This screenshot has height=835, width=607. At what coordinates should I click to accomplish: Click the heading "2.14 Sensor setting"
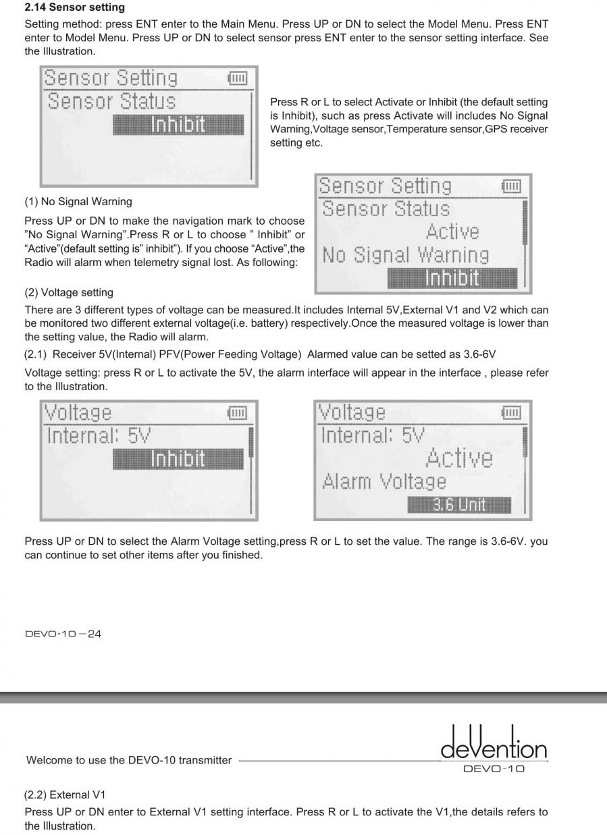click(x=74, y=7)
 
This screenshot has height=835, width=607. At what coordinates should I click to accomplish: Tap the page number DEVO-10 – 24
click(x=63, y=634)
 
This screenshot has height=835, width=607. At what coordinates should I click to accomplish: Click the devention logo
click(x=494, y=745)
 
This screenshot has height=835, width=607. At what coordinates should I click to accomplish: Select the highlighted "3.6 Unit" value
click(x=458, y=505)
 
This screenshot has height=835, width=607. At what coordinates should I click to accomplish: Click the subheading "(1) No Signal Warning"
click(x=78, y=201)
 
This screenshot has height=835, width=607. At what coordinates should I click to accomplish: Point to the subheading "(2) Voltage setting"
click(x=69, y=292)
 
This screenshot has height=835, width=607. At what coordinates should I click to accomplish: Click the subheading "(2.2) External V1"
click(x=65, y=794)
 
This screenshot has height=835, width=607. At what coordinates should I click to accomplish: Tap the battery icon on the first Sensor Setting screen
click(x=238, y=78)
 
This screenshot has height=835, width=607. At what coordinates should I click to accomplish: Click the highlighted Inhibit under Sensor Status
click(x=178, y=125)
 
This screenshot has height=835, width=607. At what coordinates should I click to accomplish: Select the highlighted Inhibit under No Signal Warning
click(x=452, y=278)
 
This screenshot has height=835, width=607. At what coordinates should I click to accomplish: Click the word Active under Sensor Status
click(x=452, y=232)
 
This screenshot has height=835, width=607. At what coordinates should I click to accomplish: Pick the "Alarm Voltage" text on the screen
click(x=384, y=482)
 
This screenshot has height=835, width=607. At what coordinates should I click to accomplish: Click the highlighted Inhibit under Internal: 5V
click(x=178, y=459)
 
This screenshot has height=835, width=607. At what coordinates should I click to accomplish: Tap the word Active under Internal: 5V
click(x=459, y=458)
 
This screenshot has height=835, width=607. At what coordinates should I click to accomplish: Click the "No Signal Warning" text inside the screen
click(x=405, y=255)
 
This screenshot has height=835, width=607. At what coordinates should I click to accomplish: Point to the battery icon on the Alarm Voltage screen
click(x=511, y=412)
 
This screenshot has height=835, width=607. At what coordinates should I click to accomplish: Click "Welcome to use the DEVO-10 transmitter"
click(x=128, y=760)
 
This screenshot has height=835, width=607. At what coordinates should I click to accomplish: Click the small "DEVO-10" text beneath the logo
click(x=494, y=769)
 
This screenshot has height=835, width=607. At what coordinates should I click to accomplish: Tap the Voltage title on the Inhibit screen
click(x=78, y=412)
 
